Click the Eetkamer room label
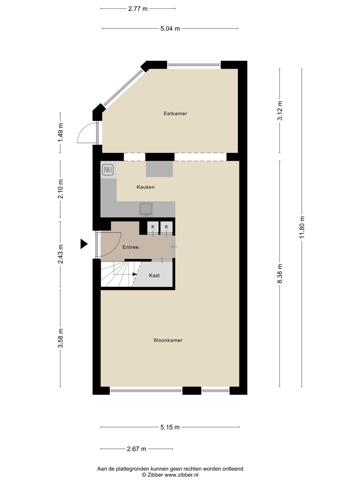[175, 114]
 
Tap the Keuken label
[145, 187]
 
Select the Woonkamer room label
[168, 340]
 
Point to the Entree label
[130, 247]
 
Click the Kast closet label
[154, 275]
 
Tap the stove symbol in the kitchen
[107, 170]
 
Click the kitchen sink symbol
[146, 209]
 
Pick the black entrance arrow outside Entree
[84, 244]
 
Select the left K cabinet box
[153, 227]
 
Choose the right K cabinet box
[166, 227]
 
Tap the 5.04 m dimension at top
[170, 29]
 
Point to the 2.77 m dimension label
[138, 9]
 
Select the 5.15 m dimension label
[170, 427]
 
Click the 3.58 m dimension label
[61, 338]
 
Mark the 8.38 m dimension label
[280, 273]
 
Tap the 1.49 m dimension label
[61, 132]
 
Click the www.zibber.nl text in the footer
[181, 475]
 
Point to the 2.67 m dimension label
[136, 449]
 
